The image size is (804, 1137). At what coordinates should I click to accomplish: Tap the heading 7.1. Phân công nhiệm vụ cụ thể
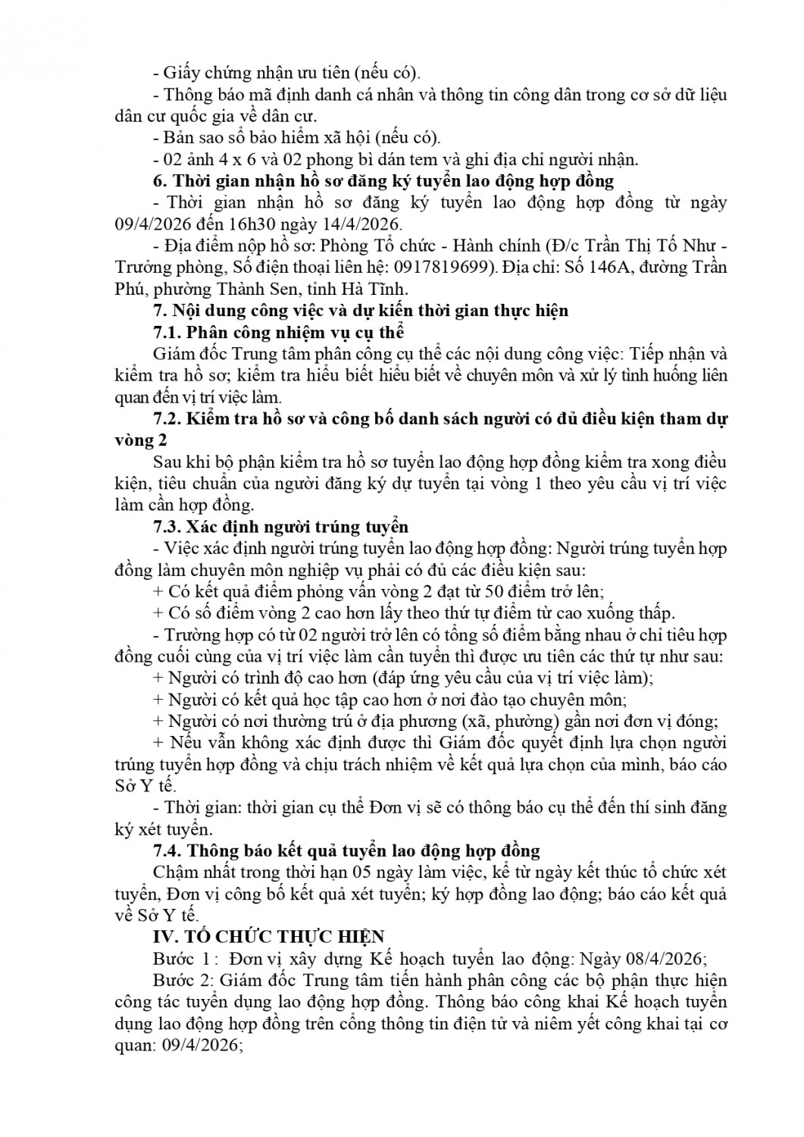click(278, 332)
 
